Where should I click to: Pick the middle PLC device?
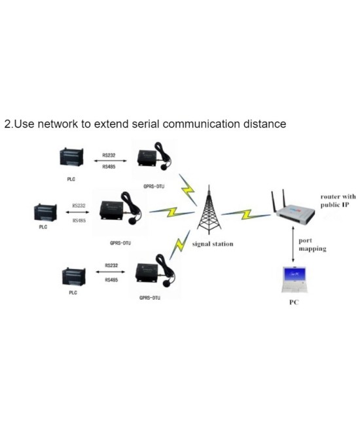(45, 213)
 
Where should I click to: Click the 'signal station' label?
(212, 244)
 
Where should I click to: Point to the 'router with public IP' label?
(338, 200)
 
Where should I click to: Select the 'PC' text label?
(294, 303)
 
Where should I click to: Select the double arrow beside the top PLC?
(110, 162)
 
